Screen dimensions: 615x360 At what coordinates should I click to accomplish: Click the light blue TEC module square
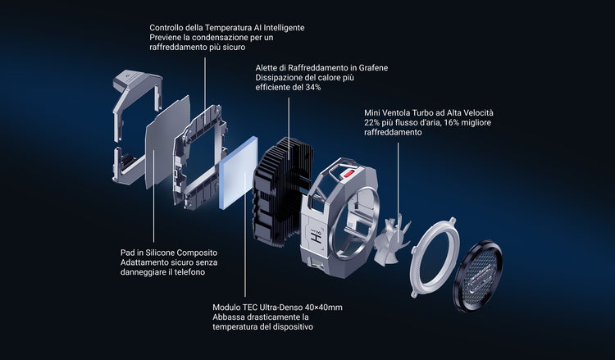tap(239, 172)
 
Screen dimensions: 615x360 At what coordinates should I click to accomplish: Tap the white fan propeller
tap(391, 241)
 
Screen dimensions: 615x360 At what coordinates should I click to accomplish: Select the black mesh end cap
tap(477, 276)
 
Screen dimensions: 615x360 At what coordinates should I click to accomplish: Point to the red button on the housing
tap(348, 173)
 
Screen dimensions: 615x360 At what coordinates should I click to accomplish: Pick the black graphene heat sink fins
tap(283, 192)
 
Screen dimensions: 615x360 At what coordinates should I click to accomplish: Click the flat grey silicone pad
tap(167, 142)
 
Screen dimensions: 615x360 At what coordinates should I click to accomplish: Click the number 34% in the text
tap(313, 87)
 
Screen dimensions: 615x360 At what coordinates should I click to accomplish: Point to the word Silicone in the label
tap(161, 253)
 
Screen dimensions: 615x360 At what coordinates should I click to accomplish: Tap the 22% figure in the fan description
tap(371, 122)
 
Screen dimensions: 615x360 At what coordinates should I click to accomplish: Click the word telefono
tap(190, 271)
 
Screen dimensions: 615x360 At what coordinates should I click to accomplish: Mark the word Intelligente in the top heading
tap(284, 28)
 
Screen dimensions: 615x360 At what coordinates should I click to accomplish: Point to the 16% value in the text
tap(451, 122)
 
